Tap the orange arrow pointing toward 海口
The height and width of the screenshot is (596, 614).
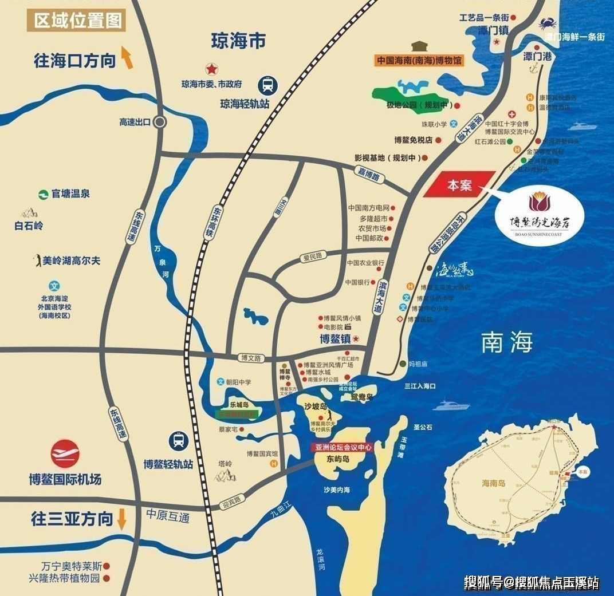(x=127, y=58)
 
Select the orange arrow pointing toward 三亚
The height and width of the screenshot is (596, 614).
(x=121, y=519)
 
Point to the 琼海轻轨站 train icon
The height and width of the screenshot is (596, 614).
(x=267, y=85)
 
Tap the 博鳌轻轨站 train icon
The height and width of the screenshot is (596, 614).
(x=179, y=441)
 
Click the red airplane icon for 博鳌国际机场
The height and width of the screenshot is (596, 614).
(x=65, y=453)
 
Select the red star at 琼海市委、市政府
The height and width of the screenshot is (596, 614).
(x=212, y=69)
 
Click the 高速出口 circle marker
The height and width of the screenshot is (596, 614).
(x=160, y=122)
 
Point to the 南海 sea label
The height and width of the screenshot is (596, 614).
(x=507, y=342)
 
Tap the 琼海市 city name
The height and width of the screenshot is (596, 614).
(x=238, y=41)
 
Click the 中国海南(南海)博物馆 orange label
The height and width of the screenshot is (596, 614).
(x=419, y=60)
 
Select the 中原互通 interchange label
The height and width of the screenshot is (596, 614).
(x=167, y=515)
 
